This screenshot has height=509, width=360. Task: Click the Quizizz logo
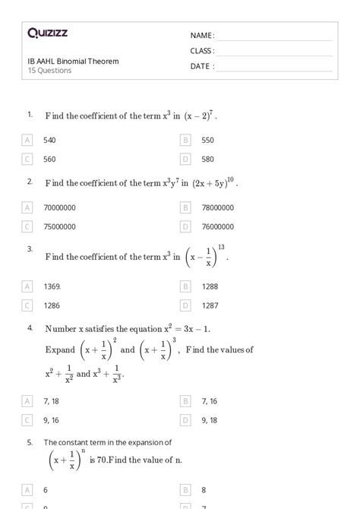(x=47, y=33)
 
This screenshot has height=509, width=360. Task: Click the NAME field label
(x=202, y=36)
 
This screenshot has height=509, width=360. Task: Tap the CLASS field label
(x=202, y=51)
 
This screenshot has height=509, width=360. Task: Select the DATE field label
(x=202, y=66)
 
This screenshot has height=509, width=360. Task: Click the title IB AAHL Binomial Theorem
(x=73, y=61)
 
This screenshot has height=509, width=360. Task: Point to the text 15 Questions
(x=49, y=71)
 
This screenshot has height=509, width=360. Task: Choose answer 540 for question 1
(x=49, y=141)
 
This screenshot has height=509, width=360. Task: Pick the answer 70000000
(x=60, y=207)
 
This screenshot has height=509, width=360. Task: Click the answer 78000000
(x=218, y=207)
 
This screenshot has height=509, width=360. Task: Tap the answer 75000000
(x=60, y=226)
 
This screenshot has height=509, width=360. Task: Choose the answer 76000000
(x=218, y=226)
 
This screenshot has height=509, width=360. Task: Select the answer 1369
(x=52, y=286)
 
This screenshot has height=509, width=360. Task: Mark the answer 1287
(x=210, y=305)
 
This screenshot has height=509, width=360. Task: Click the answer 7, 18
(x=52, y=400)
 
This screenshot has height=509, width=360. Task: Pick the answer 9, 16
(x=52, y=419)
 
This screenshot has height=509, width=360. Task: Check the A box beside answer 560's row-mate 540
(x=28, y=141)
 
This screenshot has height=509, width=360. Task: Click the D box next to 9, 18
(x=185, y=419)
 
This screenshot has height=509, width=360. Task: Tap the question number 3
(x=30, y=248)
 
